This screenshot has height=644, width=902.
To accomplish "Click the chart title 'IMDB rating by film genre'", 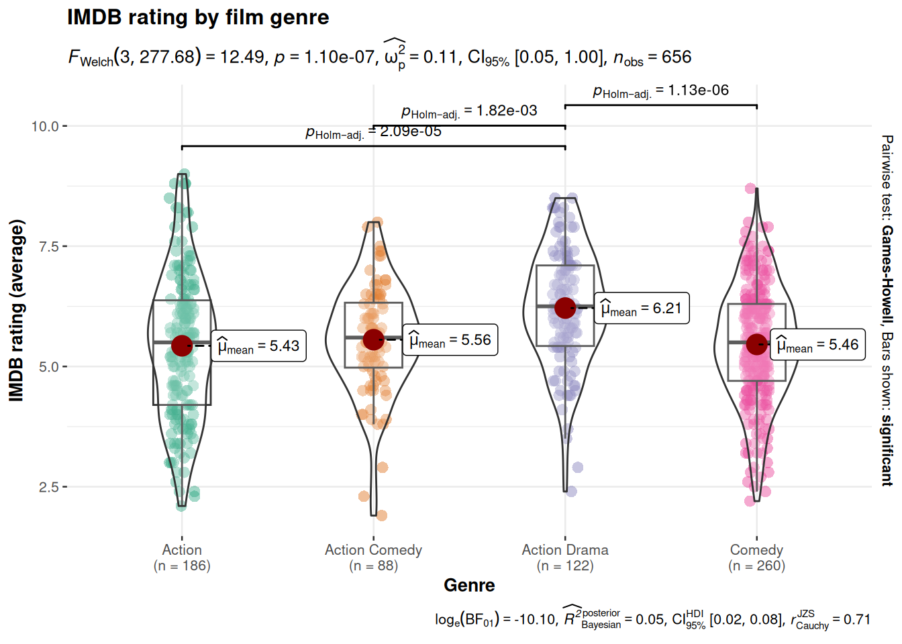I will [198, 17].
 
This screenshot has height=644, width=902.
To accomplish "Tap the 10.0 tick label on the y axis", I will [45, 126].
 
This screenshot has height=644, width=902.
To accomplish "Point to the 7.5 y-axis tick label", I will [49, 246].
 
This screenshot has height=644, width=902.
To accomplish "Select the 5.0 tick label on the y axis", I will [49, 367].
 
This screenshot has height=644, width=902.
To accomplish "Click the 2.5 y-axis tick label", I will [49, 487].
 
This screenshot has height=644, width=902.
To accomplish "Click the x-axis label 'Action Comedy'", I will [373, 550].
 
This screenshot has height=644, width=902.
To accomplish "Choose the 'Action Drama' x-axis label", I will [565, 550].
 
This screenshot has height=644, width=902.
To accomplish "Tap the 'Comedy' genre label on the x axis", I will [756, 550].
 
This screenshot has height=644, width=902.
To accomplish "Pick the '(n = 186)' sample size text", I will [182, 566].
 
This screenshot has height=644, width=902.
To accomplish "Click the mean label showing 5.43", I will [259, 346].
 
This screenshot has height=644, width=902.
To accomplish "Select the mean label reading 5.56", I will [450, 340].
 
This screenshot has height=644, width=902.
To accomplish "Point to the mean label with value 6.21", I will [642, 309].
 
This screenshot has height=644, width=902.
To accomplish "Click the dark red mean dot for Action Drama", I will [565, 308].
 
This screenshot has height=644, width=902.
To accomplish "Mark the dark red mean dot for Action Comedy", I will [373, 339].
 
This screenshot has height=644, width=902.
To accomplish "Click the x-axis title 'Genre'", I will [469, 586].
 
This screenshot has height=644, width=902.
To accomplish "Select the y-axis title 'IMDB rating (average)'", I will [17, 311].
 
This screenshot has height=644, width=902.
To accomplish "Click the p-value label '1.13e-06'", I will [698, 91].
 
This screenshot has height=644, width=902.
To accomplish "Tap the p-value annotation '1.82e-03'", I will [507, 111].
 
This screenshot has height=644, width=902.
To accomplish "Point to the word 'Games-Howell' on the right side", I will [887, 274].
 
